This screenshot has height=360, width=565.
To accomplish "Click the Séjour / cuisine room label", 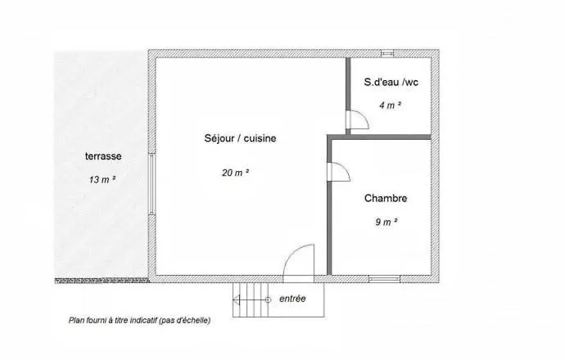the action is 240,138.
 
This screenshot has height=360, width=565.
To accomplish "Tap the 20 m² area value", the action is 236,173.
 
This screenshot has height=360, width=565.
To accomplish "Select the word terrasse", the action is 103,156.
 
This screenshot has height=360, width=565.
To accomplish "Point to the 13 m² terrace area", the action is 102,179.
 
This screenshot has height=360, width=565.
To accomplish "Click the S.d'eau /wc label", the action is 391,82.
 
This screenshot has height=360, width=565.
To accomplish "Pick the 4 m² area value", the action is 391,105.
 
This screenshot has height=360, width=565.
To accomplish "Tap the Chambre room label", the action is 386,198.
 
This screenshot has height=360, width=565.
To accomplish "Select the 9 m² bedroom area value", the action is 386,222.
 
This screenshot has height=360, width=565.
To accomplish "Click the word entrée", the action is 292,299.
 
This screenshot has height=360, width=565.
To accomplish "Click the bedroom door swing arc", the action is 345,169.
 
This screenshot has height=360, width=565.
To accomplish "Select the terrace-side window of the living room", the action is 151,184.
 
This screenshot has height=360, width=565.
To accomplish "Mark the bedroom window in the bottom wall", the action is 384,279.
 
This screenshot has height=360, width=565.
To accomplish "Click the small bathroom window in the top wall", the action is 387,53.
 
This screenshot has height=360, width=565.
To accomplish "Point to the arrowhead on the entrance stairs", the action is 237,299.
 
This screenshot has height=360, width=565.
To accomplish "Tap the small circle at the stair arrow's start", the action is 268,299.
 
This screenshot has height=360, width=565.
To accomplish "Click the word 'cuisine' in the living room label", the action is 260,138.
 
